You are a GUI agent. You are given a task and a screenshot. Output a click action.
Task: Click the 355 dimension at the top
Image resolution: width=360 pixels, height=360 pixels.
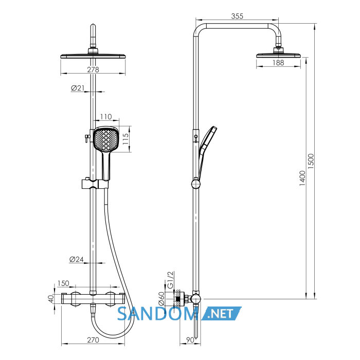click(x=237, y=16)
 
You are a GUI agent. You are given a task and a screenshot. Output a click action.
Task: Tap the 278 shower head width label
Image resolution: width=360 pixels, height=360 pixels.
click(x=93, y=69)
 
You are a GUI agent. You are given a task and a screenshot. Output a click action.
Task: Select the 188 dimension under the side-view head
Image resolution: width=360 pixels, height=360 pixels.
click(x=278, y=63)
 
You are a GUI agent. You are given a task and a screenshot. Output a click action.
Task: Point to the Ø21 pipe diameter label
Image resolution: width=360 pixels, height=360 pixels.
click(x=78, y=88)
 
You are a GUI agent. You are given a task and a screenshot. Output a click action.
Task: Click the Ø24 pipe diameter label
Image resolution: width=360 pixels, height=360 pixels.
click(x=77, y=259)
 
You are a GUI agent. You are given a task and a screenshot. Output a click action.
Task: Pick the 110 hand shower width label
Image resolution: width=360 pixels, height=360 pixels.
click(x=106, y=117)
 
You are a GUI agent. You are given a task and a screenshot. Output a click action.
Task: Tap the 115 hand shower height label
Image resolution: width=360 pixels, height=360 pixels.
click(x=125, y=139)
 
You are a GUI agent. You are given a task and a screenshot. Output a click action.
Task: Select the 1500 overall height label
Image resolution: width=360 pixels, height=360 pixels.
click(x=311, y=161)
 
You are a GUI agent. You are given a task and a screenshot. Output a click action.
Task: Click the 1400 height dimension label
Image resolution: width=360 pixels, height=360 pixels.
click(x=302, y=178)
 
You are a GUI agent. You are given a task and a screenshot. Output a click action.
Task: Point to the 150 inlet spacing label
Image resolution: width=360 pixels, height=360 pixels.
click(x=63, y=283)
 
